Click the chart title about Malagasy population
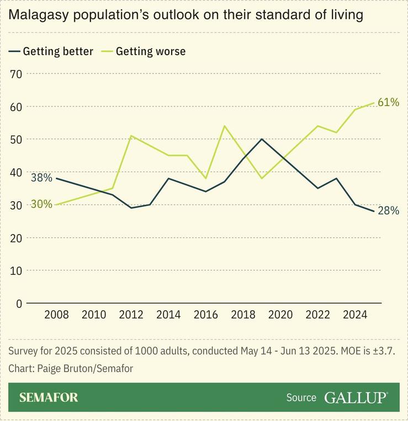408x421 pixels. pos(186,15)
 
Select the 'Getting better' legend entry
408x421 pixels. pos(51,51)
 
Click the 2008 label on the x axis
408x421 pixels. pos(56,315)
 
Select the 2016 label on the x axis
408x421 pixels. pos(205,315)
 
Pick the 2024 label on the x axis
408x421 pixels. pos(355,315)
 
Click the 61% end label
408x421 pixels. pos(388,102)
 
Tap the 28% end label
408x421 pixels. pos(388,211)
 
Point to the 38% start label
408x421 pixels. pos(41,178)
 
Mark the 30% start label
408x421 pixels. pos(41,204)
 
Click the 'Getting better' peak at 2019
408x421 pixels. pos(262,139)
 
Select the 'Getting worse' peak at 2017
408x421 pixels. pos(224,126)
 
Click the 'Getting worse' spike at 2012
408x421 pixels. pos(131,136)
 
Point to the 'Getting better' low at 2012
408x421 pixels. pos(131,208)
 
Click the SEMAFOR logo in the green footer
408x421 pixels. pos(49,397)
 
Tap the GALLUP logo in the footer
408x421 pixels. pos(356,397)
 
